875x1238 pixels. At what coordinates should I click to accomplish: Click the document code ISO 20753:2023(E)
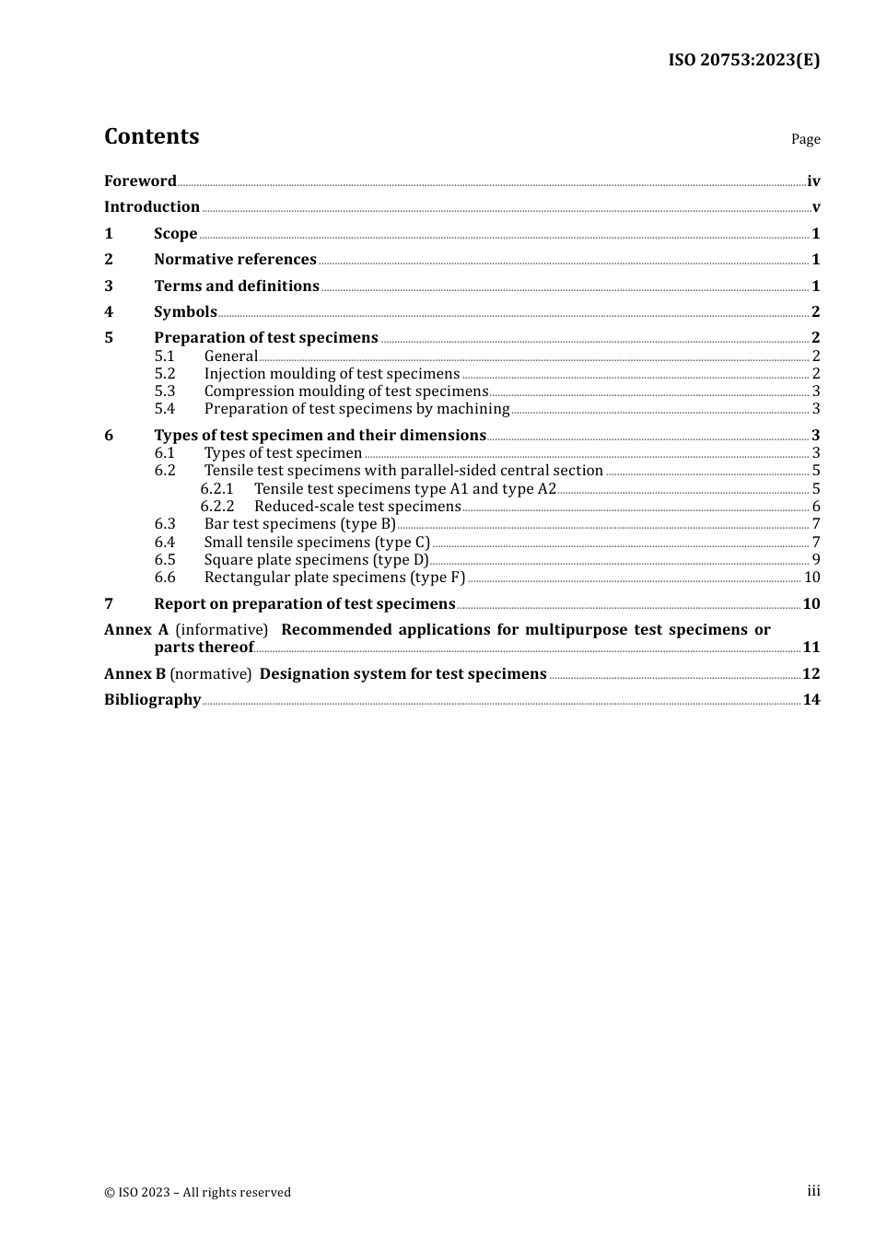[743, 60]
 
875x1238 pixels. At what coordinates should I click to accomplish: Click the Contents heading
[151, 136]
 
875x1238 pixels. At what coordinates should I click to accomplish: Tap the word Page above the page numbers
[805, 139]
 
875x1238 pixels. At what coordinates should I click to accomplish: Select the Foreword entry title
[140, 181]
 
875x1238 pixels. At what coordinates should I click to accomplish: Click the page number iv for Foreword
[813, 181]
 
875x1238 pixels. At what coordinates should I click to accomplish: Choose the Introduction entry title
[152, 207]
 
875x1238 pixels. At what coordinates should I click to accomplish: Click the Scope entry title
[175, 234]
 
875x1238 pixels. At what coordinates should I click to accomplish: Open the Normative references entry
[235, 260]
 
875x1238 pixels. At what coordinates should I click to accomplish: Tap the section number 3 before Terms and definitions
[109, 286]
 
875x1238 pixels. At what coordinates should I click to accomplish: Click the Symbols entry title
[185, 312]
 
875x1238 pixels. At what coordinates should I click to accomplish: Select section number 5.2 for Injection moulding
[165, 374]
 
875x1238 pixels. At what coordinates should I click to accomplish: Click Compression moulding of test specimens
[346, 391]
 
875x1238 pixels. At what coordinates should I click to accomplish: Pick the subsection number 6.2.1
[217, 489]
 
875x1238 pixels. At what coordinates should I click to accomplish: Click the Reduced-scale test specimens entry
[357, 507]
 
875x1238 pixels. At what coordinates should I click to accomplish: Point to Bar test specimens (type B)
[300, 524]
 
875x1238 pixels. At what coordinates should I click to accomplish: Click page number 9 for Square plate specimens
[816, 560]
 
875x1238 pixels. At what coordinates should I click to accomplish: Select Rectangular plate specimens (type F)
[334, 578]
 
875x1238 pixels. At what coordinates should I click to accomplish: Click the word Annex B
[134, 674]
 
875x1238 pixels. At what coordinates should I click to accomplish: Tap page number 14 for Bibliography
[811, 700]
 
